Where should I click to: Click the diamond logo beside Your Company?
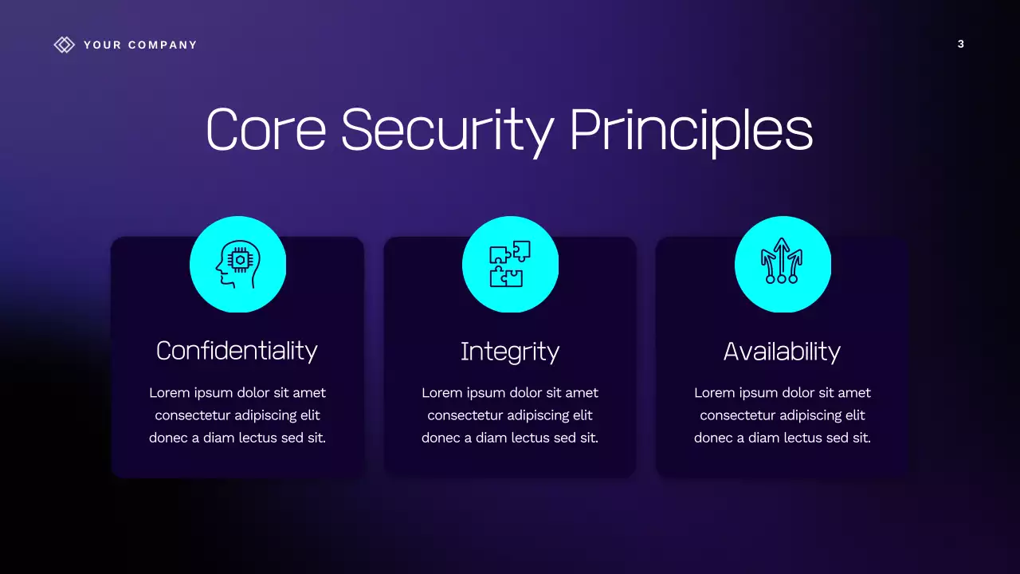tap(64, 45)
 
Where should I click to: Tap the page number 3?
tap(960, 45)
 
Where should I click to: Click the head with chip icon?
tap(237, 264)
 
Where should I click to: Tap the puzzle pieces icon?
tap(510, 264)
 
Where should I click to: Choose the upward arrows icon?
tap(782, 264)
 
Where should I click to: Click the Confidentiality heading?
tap(237, 351)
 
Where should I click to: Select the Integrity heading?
tap(510, 352)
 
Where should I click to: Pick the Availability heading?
tap(782, 352)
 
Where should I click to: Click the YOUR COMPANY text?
tap(140, 45)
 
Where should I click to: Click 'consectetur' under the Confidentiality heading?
tap(190, 415)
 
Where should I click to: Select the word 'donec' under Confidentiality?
tap(167, 438)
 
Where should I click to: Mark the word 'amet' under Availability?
tap(853, 393)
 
